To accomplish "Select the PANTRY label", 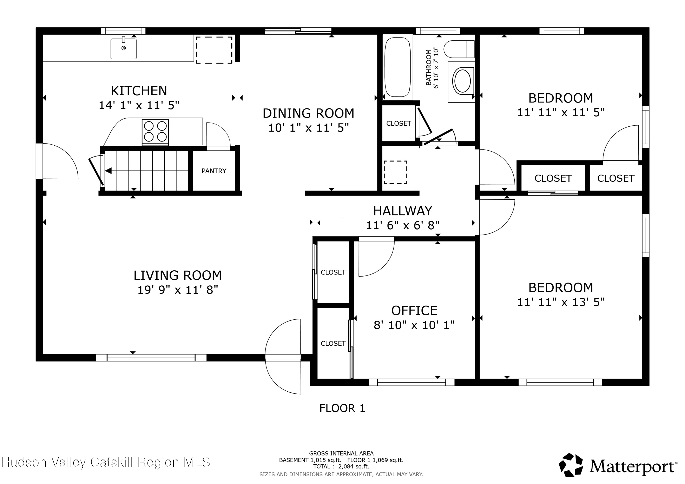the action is click(x=214, y=171).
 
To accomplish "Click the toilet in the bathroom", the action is click(x=459, y=49).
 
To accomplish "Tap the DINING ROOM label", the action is click(x=308, y=113).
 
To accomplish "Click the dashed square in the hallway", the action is click(x=395, y=172).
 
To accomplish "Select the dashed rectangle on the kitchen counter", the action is click(x=214, y=50).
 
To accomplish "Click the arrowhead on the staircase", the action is click(x=108, y=171).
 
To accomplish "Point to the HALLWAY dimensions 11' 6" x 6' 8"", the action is click(x=403, y=225).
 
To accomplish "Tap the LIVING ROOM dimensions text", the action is click(x=178, y=290).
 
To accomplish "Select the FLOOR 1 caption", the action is click(x=342, y=408).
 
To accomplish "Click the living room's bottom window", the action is click(x=151, y=358).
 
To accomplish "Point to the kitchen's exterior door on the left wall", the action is click(x=57, y=161).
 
